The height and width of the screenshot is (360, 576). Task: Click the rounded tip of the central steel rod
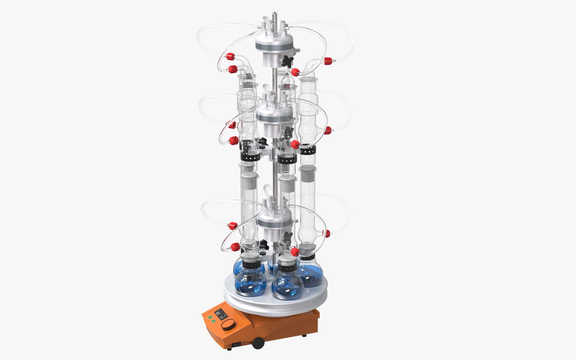coord(274,14)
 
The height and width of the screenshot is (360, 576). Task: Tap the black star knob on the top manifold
coord(287,61)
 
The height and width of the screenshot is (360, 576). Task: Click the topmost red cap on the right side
coord(327,61)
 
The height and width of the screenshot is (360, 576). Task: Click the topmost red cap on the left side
coord(229,56)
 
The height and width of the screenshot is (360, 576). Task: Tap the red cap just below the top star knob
coord(295,72)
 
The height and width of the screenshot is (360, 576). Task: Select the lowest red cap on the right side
coord(327,233)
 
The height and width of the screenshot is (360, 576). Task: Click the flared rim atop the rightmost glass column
coord(308,79)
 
